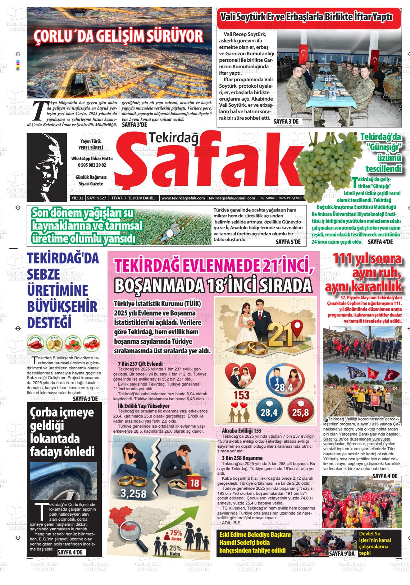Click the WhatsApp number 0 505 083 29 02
click(92, 165)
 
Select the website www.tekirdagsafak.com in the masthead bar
click(183, 198)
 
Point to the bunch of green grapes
click(320, 162)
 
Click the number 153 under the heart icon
click(241, 395)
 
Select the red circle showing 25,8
click(301, 411)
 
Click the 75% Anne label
click(176, 536)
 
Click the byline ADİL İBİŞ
click(231, 522)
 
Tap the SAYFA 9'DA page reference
click(342, 554)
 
